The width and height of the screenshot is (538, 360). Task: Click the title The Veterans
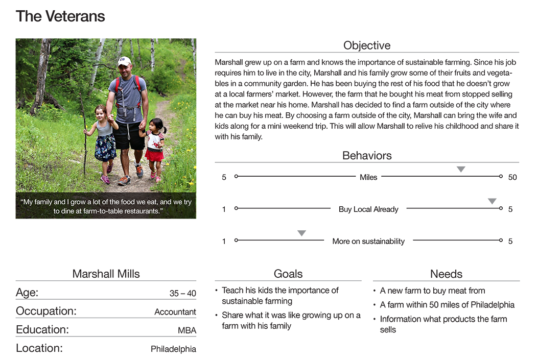pyautogui.click(x=60, y=16)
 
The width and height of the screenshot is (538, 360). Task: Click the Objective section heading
pyautogui.click(x=366, y=45)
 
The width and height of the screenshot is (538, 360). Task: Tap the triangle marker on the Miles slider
pyautogui.click(x=461, y=169)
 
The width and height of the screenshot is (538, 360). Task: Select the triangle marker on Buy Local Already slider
pyautogui.click(x=492, y=201)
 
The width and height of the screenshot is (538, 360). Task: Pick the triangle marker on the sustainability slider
pyautogui.click(x=301, y=233)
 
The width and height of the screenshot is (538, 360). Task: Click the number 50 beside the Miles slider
pyautogui.click(x=512, y=177)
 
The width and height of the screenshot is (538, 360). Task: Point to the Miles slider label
pyautogui.click(x=368, y=177)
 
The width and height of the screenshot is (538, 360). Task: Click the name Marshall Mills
pyautogui.click(x=106, y=274)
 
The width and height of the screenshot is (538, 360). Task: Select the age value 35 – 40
pyautogui.click(x=182, y=294)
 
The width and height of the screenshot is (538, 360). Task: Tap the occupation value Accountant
pyautogui.click(x=175, y=312)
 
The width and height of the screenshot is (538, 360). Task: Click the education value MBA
pyautogui.click(x=186, y=330)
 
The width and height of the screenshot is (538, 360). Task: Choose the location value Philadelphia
pyautogui.click(x=173, y=349)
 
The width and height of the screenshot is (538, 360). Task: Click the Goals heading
pyautogui.click(x=288, y=274)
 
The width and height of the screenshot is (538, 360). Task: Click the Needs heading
pyautogui.click(x=446, y=274)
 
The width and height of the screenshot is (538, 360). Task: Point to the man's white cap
pyautogui.click(x=124, y=61)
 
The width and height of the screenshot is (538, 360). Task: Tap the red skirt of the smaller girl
pyautogui.click(x=154, y=154)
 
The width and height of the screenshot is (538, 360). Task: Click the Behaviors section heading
pyautogui.click(x=366, y=156)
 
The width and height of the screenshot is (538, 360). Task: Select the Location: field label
pyautogui.click(x=39, y=348)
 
